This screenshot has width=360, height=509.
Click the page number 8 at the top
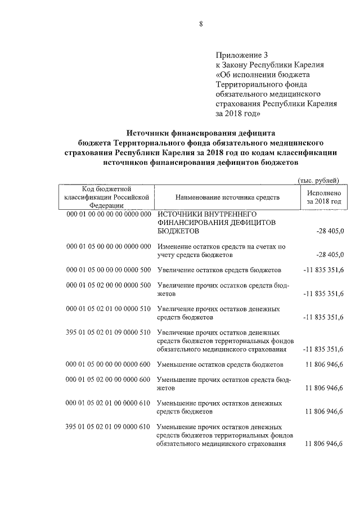200,23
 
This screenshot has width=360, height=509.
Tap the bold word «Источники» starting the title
150,134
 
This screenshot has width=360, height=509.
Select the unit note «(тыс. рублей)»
318,180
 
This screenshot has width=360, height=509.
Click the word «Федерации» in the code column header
107,206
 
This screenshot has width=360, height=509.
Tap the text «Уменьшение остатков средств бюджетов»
220,365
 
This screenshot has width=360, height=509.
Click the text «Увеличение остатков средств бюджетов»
219,271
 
